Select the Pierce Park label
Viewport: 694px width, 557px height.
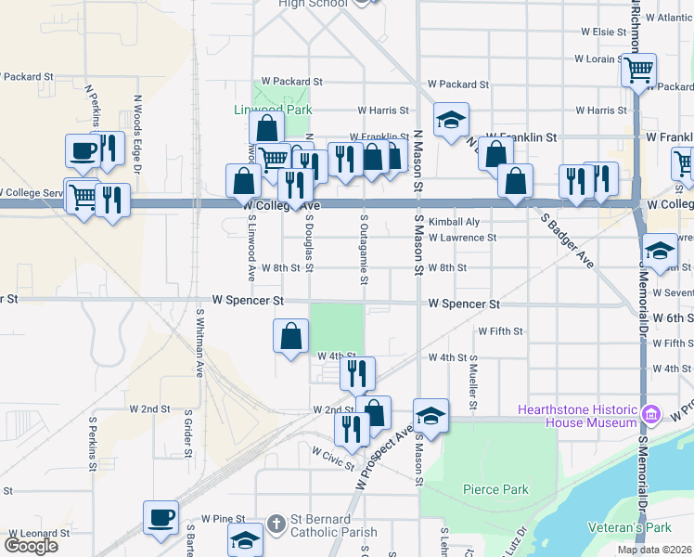click(495, 489)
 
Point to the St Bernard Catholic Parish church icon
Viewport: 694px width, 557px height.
click(276, 525)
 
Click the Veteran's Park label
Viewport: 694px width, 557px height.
click(628, 527)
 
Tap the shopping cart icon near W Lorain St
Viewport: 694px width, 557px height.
click(638, 69)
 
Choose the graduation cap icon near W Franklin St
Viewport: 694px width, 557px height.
click(451, 119)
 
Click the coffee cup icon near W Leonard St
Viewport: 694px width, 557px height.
click(161, 517)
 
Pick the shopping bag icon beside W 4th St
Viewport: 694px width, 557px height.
click(291, 335)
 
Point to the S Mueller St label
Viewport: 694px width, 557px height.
click(473, 381)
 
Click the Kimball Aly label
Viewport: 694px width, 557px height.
click(454, 222)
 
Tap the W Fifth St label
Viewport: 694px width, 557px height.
click(500, 330)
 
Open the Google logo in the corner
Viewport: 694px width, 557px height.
click(31, 546)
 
